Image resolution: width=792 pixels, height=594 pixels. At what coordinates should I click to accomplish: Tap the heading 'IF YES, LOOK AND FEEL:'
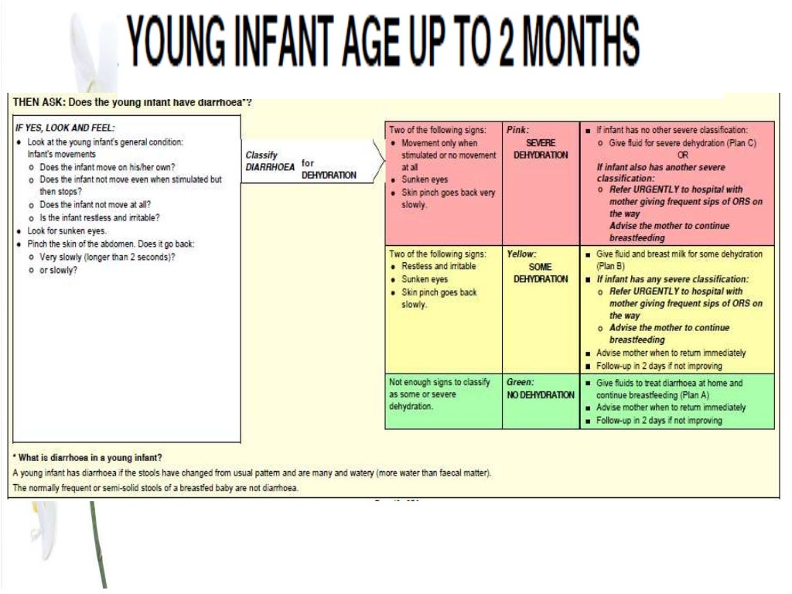[x=65, y=128]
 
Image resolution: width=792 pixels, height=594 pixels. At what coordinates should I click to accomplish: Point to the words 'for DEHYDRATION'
[x=329, y=169]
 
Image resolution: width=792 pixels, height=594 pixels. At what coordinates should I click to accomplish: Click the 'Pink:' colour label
[x=517, y=130]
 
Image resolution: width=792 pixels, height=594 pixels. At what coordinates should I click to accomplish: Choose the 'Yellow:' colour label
[x=522, y=254]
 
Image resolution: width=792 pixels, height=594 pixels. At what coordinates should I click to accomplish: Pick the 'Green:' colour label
[x=521, y=382]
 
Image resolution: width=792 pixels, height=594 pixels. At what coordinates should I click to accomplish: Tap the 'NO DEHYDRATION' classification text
[x=541, y=395]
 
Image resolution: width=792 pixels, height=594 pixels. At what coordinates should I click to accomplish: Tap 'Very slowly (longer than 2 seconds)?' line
[x=108, y=257]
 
